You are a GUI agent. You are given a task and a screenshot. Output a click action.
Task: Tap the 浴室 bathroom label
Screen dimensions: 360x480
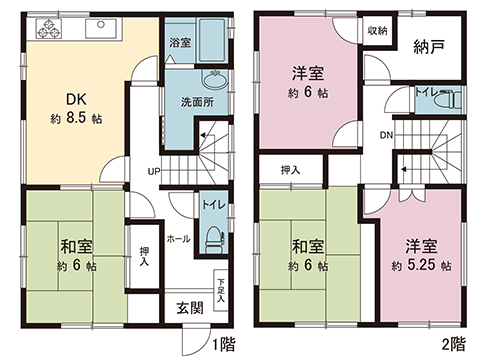point(180,43)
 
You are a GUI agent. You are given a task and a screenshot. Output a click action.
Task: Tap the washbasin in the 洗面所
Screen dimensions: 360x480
point(212,81)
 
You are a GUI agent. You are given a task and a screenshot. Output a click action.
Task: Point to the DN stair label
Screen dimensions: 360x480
point(386,136)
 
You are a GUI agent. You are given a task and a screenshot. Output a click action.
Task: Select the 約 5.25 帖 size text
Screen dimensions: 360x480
point(420,266)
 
